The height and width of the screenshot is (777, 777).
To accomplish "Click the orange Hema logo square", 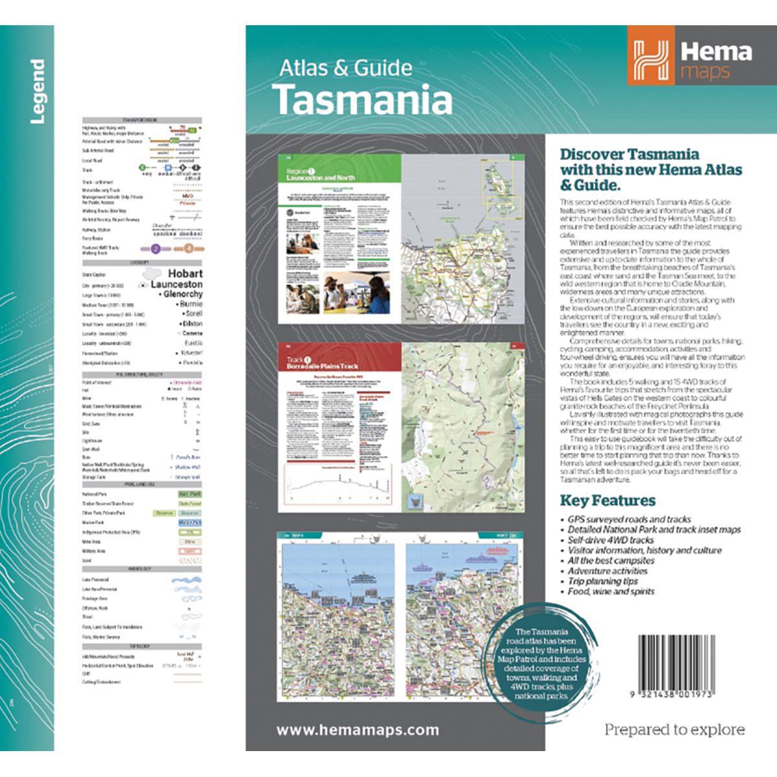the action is tap(651, 55).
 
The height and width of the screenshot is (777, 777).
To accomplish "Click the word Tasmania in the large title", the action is tap(362, 100).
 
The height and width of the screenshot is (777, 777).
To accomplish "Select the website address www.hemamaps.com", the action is tap(357, 730).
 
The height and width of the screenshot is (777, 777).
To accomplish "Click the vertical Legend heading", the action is tap(38, 91).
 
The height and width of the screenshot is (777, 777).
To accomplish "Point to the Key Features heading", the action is tap(607, 501).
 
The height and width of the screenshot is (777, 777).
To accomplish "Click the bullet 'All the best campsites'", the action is tap(611, 561).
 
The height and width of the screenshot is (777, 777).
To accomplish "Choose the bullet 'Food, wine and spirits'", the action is tap(611, 592).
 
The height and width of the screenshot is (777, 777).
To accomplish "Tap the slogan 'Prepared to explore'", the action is tap(674, 730).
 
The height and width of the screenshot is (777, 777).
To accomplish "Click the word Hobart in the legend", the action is tap(185, 274).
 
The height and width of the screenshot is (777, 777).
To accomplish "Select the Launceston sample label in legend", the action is tap(176, 284).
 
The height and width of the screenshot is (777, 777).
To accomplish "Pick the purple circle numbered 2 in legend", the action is tap(155, 249).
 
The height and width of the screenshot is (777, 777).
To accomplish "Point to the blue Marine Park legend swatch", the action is tap(189, 523).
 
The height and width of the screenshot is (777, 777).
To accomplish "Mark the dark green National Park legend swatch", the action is tap(189, 494).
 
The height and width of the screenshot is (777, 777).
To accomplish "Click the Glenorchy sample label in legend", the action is tap(183, 294).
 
